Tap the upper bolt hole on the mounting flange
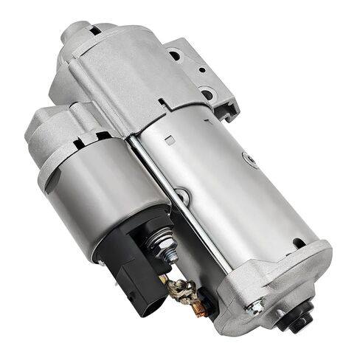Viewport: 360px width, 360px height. pyautogui.click(x=175, y=55)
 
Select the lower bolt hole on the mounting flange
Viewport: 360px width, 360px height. pyautogui.click(x=207, y=94)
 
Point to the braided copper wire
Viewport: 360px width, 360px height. pyautogui.click(x=181, y=288)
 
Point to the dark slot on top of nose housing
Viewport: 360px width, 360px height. pyautogui.click(x=94, y=31)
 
